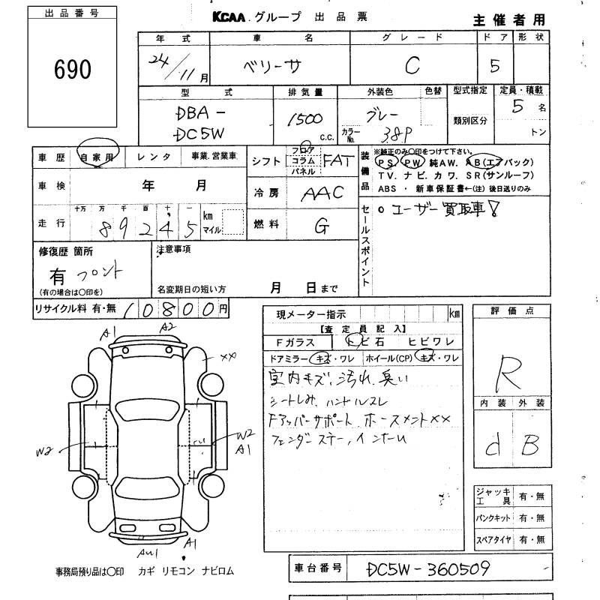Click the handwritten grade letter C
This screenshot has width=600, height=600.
[x=412, y=67]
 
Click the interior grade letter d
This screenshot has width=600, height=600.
[x=493, y=448]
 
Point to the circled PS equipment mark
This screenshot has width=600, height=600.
[x=387, y=163]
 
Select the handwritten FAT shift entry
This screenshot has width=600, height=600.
[x=337, y=160]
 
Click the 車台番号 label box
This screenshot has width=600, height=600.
[x=317, y=568]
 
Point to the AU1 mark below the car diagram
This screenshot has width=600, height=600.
[x=146, y=553]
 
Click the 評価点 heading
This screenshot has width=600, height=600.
[x=509, y=310]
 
